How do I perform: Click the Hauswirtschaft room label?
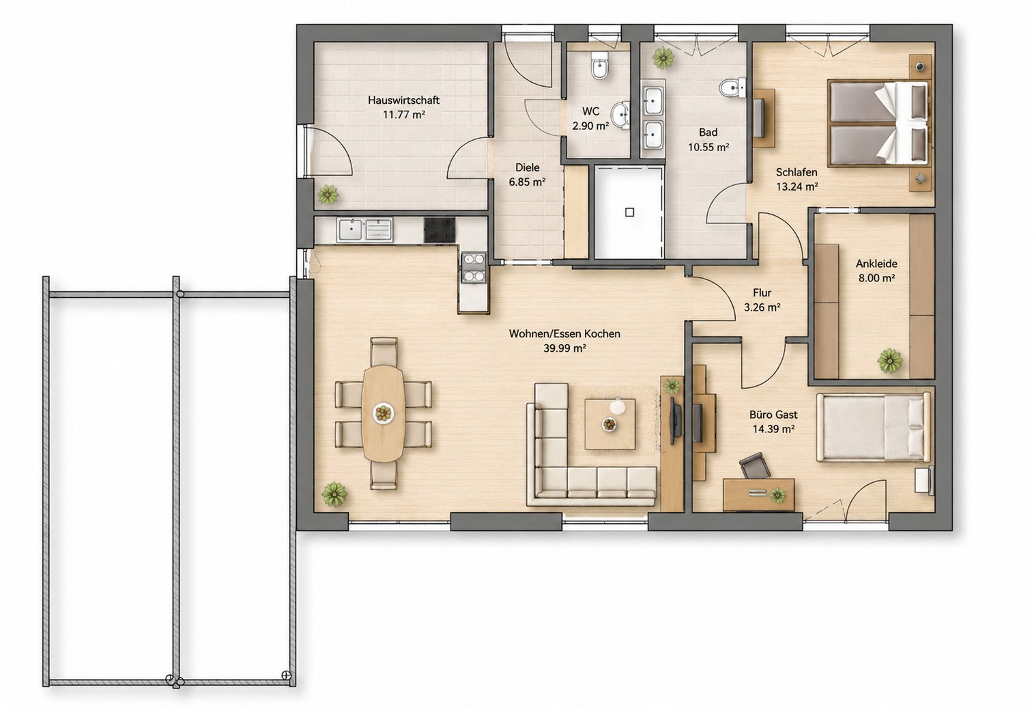tap(403, 100)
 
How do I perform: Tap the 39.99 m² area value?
tap(564, 348)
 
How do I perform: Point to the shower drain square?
tap(630, 212)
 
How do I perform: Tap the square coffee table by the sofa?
tap(609, 424)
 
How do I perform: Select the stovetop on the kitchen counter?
tap(440, 230)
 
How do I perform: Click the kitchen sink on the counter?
tap(364, 230)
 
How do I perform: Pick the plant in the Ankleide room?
tap(889, 360)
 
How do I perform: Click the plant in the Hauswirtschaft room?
tap(328, 195)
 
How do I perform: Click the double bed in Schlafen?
tap(878, 123)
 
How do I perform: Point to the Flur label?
tap(762, 292)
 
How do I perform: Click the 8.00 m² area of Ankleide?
tap(876, 278)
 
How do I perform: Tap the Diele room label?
tap(527, 167)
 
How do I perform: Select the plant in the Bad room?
tap(663, 57)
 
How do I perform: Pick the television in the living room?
tap(675, 421)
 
